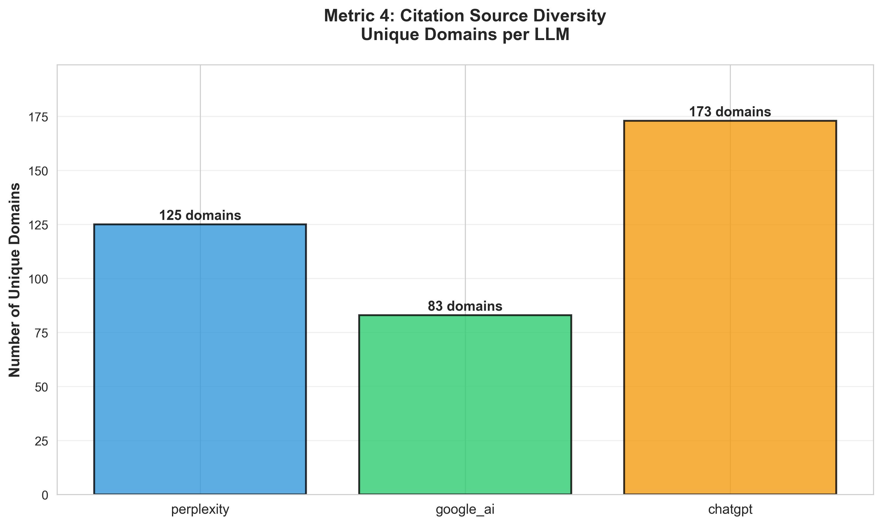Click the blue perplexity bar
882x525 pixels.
(200, 359)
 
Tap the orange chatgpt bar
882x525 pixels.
(730, 307)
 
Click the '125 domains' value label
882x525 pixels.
(200, 215)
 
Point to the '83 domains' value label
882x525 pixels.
(465, 306)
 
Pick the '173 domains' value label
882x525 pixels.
(730, 112)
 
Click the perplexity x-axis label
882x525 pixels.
(200, 510)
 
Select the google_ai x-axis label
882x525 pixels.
(465, 510)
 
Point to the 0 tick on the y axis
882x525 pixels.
(45, 495)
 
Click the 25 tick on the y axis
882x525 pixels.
(41, 441)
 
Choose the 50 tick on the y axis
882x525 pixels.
(41, 387)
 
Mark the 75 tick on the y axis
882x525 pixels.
(41, 333)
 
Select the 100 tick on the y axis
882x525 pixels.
(38, 280)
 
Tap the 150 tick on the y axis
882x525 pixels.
(38, 171)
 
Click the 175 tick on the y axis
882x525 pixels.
(38, 117)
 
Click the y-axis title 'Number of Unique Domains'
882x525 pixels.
(15, 280)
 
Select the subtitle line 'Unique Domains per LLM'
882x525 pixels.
(465, 35)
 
